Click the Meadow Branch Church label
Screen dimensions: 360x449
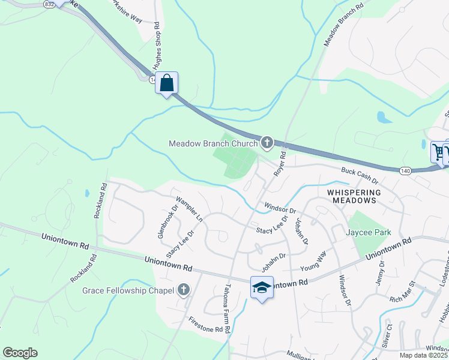[213, 143]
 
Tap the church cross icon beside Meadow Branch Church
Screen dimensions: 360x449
[267, 143]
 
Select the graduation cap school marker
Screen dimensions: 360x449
[262, 288]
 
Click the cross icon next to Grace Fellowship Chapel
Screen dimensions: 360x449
[184, 291]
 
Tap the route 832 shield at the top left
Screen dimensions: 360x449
[49, 4]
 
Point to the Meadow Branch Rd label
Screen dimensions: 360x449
[344, 26]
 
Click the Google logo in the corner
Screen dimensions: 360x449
[20, 353]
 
